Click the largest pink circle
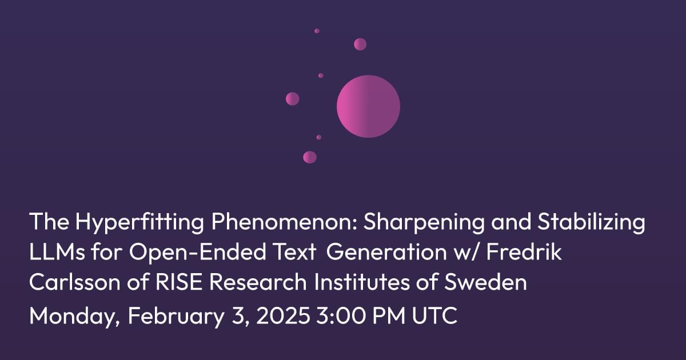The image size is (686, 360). pos(368,106)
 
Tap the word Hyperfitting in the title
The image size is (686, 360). pos(139,222)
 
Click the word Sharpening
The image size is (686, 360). pos(424,222)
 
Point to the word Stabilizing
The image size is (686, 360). pos(591,222)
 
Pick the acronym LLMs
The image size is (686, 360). pos(57,251)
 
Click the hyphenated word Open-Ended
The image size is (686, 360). pos(198,253)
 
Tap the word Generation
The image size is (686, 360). pos(386,251)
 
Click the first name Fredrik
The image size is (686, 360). pos(524,251)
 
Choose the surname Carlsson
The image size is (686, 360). pos(75,281)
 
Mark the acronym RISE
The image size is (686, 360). pos(179,281)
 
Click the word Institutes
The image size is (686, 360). pos(362,281)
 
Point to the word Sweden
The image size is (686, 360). pos(485,281)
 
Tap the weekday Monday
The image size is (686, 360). pos(74,316)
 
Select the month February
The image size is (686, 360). pos(176,316)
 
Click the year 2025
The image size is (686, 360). pos(283,315)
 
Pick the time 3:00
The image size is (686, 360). pos(341,315)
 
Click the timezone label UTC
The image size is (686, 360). pos(434,315)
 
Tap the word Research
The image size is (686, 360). pos(258,281)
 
